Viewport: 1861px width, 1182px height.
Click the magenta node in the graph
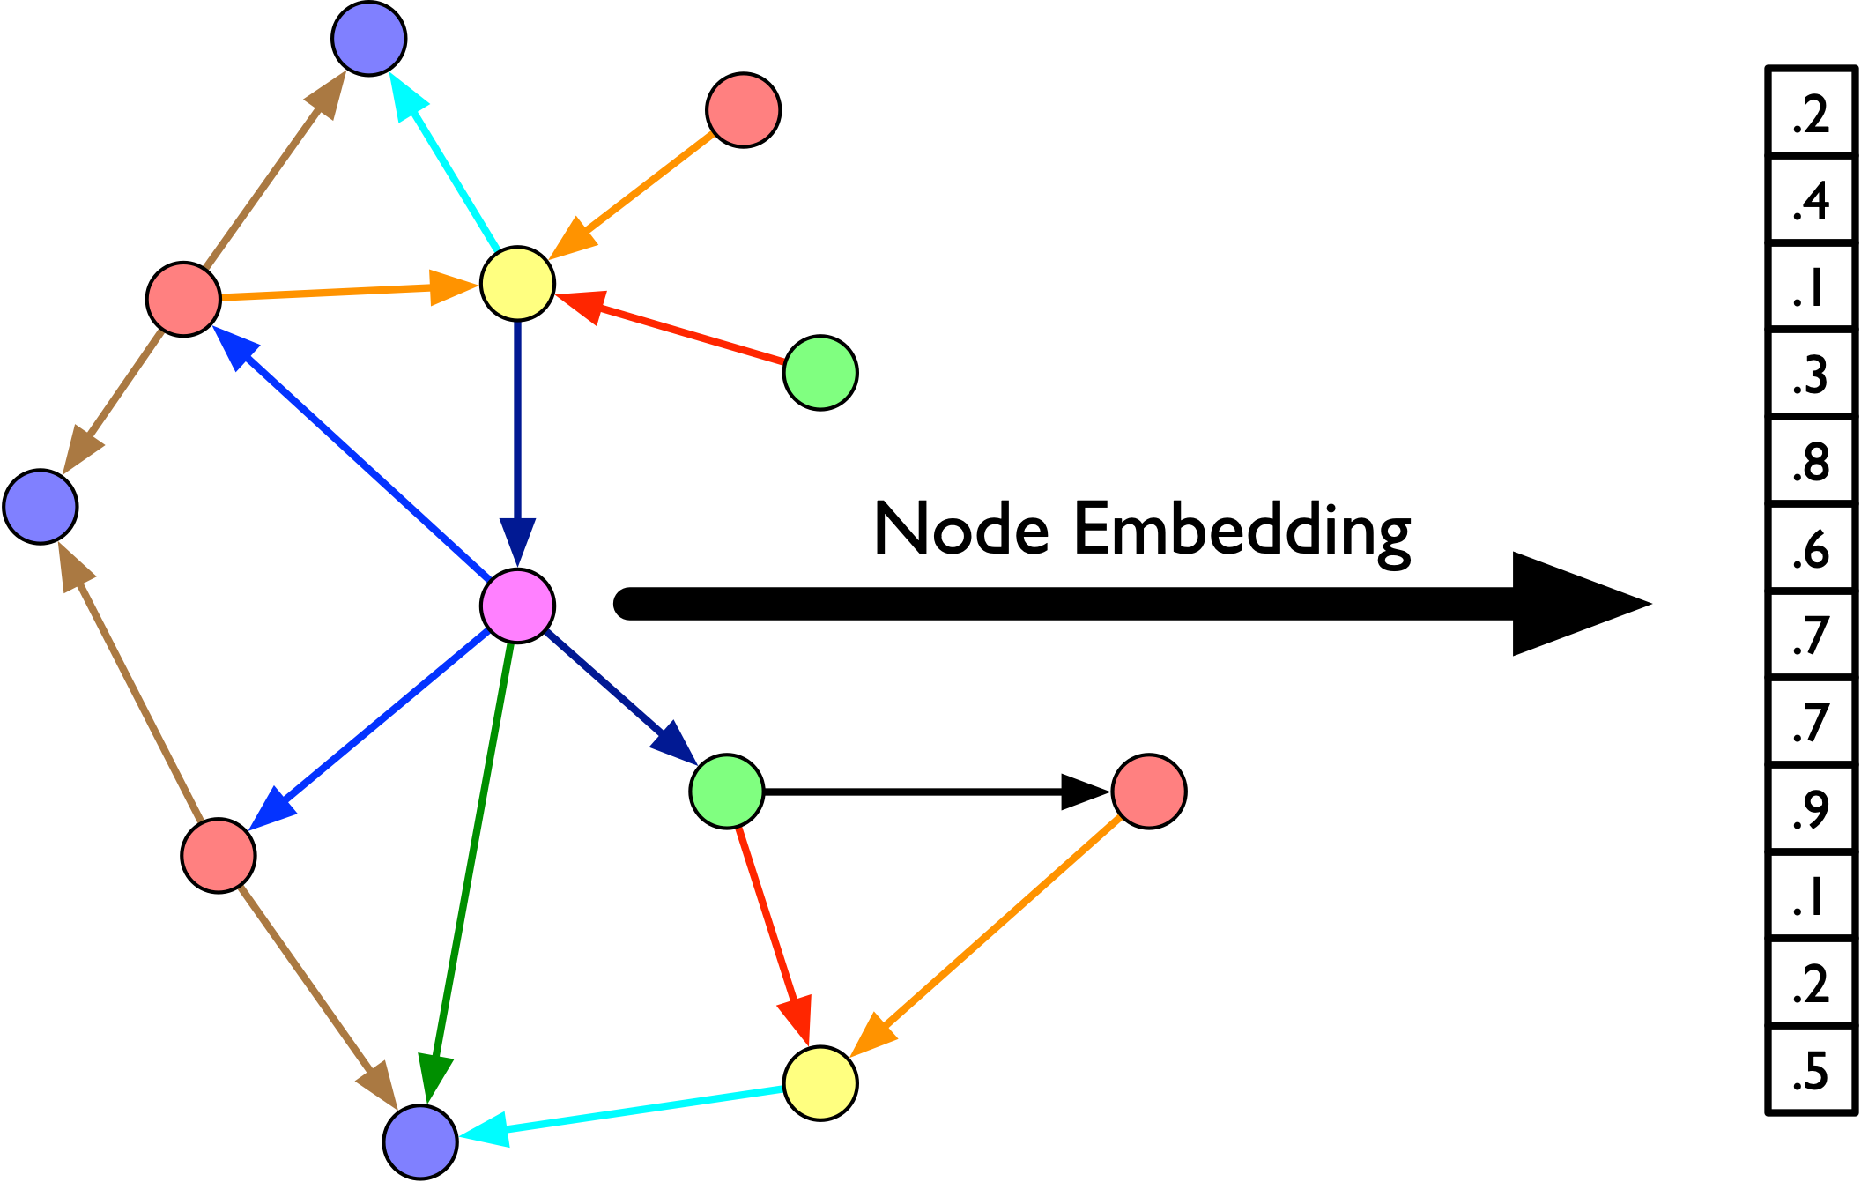(517, 606)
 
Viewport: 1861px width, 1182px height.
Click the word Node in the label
(961, 529)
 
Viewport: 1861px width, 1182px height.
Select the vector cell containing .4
(1811, 200)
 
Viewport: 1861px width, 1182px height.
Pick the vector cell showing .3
(1811, 374)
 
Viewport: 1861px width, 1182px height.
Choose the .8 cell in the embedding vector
(1811, 461)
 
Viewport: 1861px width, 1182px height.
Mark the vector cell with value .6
(1811, 548)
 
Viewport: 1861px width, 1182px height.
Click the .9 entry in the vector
(1811, 809)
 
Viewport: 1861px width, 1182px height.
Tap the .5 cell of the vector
(1811, 1070)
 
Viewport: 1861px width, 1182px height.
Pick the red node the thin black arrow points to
(1149, 791)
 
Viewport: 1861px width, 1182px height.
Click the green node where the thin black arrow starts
(727, 791)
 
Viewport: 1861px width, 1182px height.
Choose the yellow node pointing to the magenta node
(517, 283)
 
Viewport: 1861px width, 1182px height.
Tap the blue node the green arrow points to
(420, 1141)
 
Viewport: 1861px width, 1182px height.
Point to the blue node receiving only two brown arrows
(41, 506)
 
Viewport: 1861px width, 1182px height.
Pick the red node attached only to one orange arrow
(744, 110)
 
